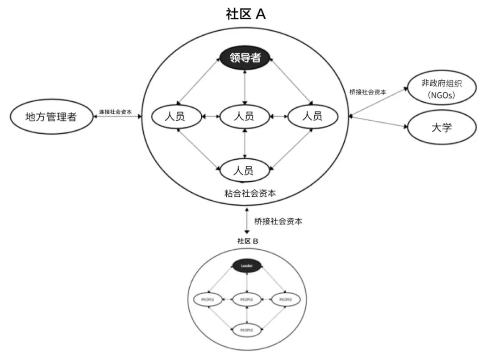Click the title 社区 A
[x=246, y=14]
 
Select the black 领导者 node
[x=245, y=58]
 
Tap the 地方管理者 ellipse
[x=50, y=117]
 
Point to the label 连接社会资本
[x=115, y=112]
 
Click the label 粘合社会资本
[x=250, y=193]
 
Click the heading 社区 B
[x=248, y=241]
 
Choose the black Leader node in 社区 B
[x=247, y=266]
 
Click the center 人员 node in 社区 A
[x=244, y=117]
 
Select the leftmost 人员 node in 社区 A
[x=175, y=117]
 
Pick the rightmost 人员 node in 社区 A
[x=312, y=116]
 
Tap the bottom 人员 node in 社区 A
[x=244, y=170]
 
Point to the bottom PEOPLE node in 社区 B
[x=247, y=330]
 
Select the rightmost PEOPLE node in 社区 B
[x=286, y=299]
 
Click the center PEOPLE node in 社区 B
[x=247, y=299]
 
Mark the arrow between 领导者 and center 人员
[x=245, y=87]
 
